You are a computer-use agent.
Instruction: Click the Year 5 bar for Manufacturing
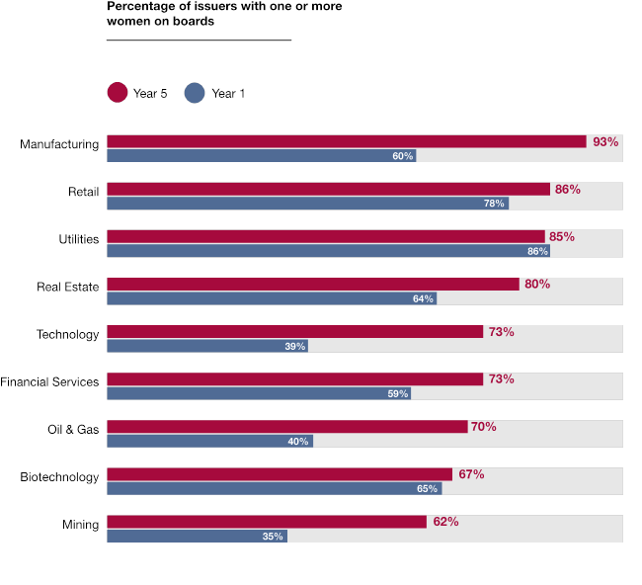coord(346,141)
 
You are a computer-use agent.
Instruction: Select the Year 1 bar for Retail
coord(307,204)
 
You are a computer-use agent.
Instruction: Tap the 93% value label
coord(605,142)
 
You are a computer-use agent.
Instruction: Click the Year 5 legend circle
coord(118,93)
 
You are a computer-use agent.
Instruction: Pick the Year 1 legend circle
coord(195,93)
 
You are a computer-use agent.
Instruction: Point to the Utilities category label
coord(79,240)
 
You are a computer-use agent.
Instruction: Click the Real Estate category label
coord(68,288)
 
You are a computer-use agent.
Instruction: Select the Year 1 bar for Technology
coord(206,346)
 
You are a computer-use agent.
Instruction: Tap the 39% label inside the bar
coord(295,346)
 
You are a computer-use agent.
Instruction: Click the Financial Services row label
coord(49,382)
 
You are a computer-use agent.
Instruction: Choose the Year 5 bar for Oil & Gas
coord(286,427)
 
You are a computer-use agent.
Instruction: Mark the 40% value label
coord(298,441)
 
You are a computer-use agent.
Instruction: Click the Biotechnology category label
coord(59,477)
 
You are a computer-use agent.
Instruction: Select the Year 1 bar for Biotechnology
coord(274,488)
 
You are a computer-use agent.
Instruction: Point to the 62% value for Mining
coord(445,522)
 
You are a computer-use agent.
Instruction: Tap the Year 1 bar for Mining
coord(197,536)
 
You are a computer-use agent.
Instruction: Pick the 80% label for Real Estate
coord(537,285)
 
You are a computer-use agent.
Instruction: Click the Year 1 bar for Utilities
coord(328,251)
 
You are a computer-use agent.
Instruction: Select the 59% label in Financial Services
coord(398,393)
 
